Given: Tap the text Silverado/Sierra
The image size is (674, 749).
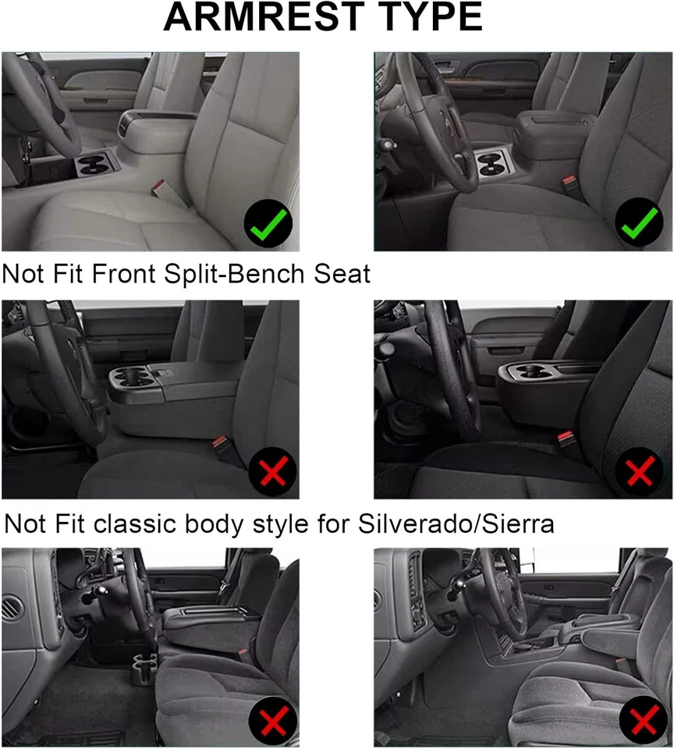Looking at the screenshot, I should coord(459,524).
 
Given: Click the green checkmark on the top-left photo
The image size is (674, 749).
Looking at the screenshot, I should coord(267,224).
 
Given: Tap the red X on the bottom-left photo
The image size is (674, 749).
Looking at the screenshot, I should coord(272,723).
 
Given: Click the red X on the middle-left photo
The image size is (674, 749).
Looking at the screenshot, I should coord(271,472).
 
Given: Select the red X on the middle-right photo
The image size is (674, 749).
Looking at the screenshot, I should coord(640,472).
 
